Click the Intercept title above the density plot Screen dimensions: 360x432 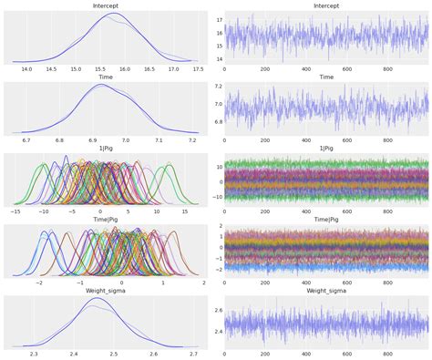point(109,6)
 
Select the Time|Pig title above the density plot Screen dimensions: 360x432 point(109,220)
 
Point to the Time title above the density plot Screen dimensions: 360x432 point(109,77)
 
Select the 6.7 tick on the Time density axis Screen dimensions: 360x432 point(26,140)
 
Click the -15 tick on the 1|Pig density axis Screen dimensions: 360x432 point(15,211)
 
